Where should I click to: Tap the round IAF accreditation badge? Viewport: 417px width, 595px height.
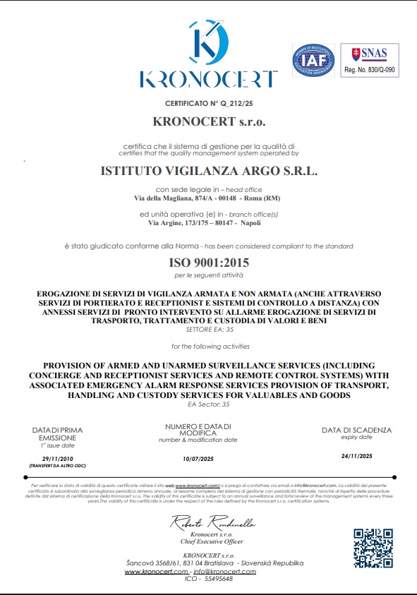(x=312, y=62)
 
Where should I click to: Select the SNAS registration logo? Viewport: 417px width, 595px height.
(x=370, y=59)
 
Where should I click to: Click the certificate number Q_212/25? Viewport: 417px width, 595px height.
(x=210, y=103)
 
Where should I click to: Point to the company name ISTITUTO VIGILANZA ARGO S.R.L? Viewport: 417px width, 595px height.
(x=210, y=171)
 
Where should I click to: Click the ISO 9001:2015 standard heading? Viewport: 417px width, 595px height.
(x=209, y=263)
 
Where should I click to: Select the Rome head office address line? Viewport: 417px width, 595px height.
(x=209, y=198)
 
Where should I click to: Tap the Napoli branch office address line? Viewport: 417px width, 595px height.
(x=210, y=222)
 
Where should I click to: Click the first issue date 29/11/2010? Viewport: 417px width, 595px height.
(x=53, y=459)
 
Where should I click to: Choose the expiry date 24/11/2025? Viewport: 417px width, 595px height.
(x=356, y=456)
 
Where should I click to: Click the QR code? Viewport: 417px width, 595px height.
(x=373, y=548)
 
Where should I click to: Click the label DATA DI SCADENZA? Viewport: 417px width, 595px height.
(x=356, y=430)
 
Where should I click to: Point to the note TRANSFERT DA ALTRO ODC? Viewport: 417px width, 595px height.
(x=53, y=467)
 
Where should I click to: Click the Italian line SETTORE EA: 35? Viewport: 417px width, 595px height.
(x=209, y=330)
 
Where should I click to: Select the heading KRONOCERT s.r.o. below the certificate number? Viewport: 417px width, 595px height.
(x=209, y=121)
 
